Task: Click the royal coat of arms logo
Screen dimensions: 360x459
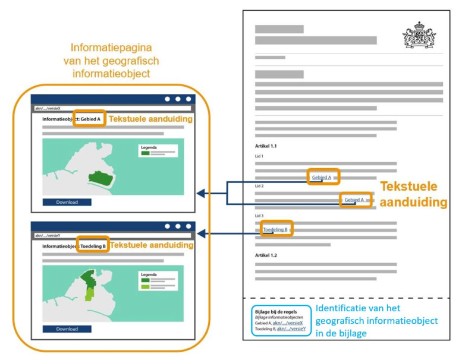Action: (419, 35)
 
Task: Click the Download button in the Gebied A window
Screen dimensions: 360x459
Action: (67, 202)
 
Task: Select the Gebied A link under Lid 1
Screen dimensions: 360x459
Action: (322, 178)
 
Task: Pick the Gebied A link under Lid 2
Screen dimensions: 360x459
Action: (354, 200)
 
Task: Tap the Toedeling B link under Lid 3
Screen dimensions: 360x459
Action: (275, 229)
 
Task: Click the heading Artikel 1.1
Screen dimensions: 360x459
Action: (266, 146)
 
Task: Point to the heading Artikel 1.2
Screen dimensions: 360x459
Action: (266, 255)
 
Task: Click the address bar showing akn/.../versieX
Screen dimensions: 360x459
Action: (113, 109)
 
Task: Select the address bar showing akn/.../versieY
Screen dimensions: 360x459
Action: (113, 235)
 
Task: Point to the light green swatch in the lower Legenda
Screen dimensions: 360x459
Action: (145, 287)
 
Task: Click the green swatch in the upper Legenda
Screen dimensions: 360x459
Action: (145, 153)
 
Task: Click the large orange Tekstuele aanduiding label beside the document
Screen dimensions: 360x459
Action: (413, 194)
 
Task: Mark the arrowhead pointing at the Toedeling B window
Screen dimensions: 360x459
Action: (202, 235)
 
